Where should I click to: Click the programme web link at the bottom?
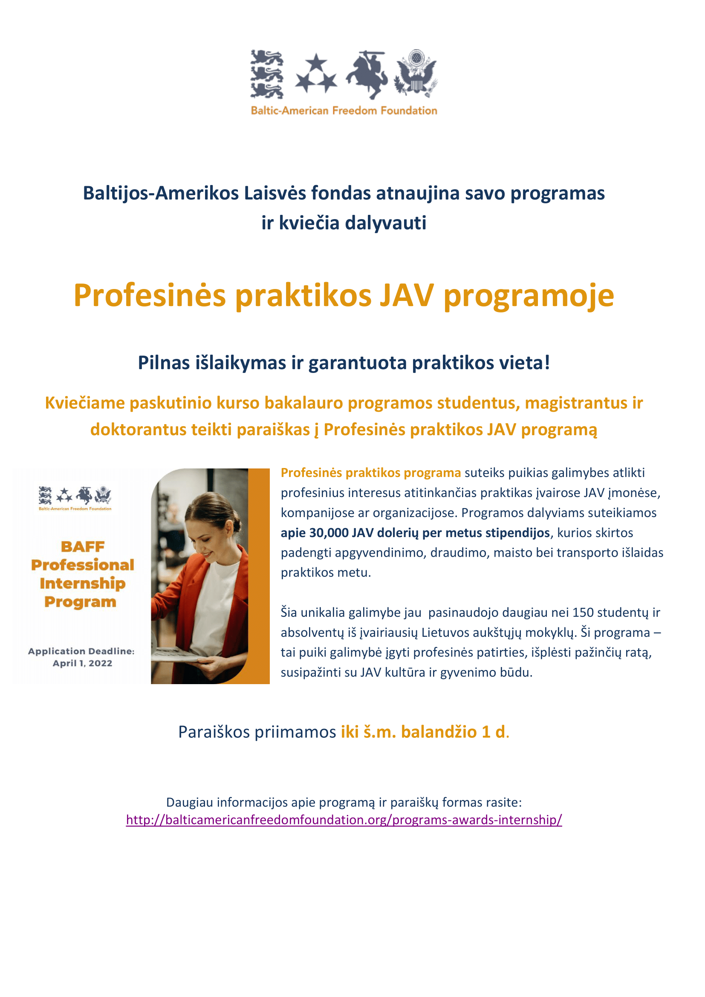click(x=344, y=820)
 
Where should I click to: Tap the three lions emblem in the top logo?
click(x=267, y=74)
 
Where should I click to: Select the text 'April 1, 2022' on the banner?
click(x=83, y=664)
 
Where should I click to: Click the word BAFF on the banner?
click(x=83, y=547)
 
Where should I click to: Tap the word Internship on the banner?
click(x=83, y=583)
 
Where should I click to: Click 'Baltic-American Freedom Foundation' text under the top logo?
click(x=344, y=111)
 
